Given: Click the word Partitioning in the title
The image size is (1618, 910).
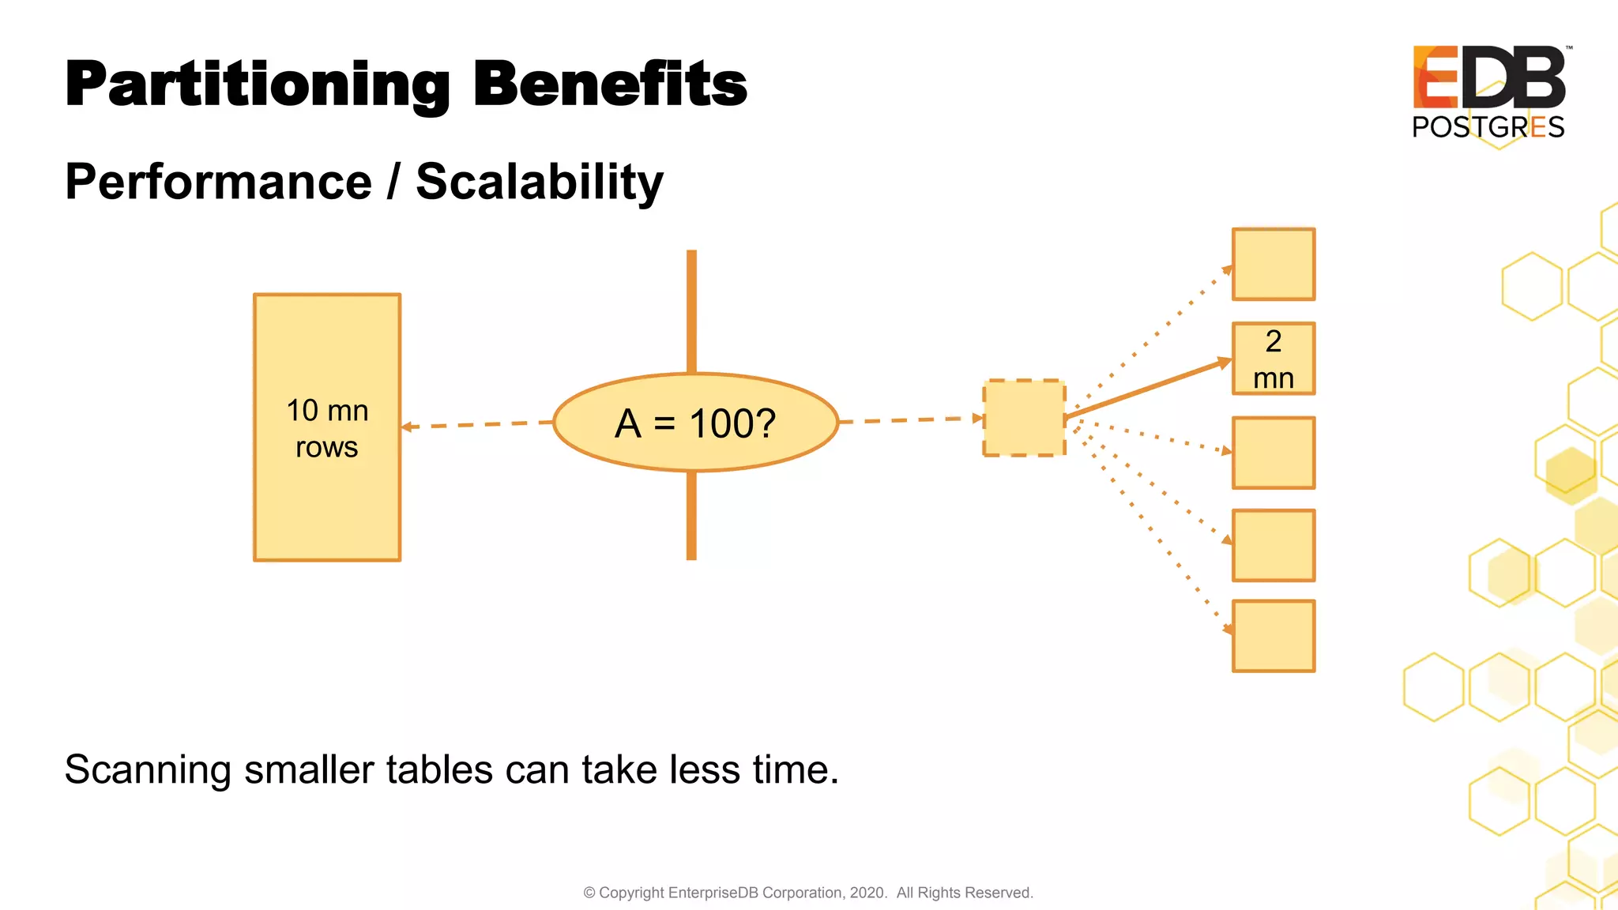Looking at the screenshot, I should click(257, 85).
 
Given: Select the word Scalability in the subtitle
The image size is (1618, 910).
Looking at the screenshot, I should click(540, 182).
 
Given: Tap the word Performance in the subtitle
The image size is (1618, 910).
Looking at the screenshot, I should click(218, 182).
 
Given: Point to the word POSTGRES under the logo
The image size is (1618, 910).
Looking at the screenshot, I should click(1488, 127).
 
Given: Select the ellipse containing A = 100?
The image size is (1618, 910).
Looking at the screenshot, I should click(695, 423).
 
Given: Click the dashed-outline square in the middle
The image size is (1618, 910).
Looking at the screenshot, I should click(1024, 418).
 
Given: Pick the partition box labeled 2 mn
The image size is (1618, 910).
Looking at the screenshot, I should click(1274, 359).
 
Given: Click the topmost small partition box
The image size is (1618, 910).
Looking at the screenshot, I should click(1274, 265).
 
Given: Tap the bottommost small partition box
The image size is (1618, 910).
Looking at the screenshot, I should click(1274, 636).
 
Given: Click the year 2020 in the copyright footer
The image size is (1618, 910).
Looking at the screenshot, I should click(867, 893).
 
